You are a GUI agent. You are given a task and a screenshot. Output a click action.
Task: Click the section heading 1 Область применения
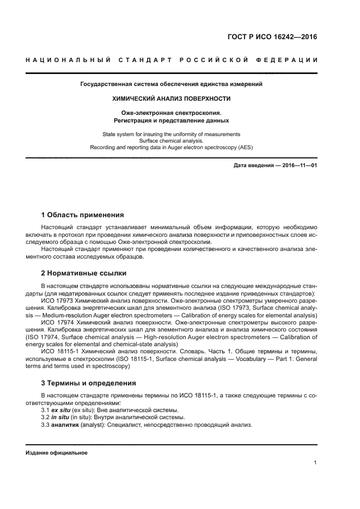point(83,214)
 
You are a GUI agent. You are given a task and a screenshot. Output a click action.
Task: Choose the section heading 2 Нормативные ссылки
point(84,273)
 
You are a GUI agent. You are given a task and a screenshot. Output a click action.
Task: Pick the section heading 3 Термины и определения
point(89,383)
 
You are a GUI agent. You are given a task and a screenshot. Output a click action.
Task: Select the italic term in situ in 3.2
point(59,417)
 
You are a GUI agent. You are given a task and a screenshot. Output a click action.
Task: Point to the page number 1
point(315,463)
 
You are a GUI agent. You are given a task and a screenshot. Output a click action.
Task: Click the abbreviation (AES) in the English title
point(246,146)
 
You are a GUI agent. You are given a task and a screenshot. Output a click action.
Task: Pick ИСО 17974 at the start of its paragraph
point(55,322)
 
